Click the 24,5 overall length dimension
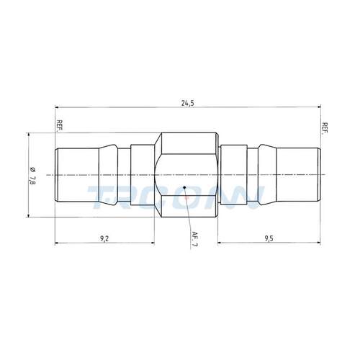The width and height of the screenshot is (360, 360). [x=187, y=104]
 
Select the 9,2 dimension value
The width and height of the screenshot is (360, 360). [x=104, y=238]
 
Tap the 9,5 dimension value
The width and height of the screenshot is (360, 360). [x=269, y=238]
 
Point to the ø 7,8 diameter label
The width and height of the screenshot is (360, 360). [x=32, y=176]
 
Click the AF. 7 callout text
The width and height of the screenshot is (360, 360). [x=194, y=239]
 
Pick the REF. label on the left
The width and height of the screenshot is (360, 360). [x=59, y=125]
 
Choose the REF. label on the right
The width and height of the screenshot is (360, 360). [x=325, y=129]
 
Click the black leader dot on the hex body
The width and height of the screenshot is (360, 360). [x=184, y=187]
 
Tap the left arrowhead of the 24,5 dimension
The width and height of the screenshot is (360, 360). [x=57, y=107]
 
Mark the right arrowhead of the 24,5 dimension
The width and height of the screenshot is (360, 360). [x=318, y=107]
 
